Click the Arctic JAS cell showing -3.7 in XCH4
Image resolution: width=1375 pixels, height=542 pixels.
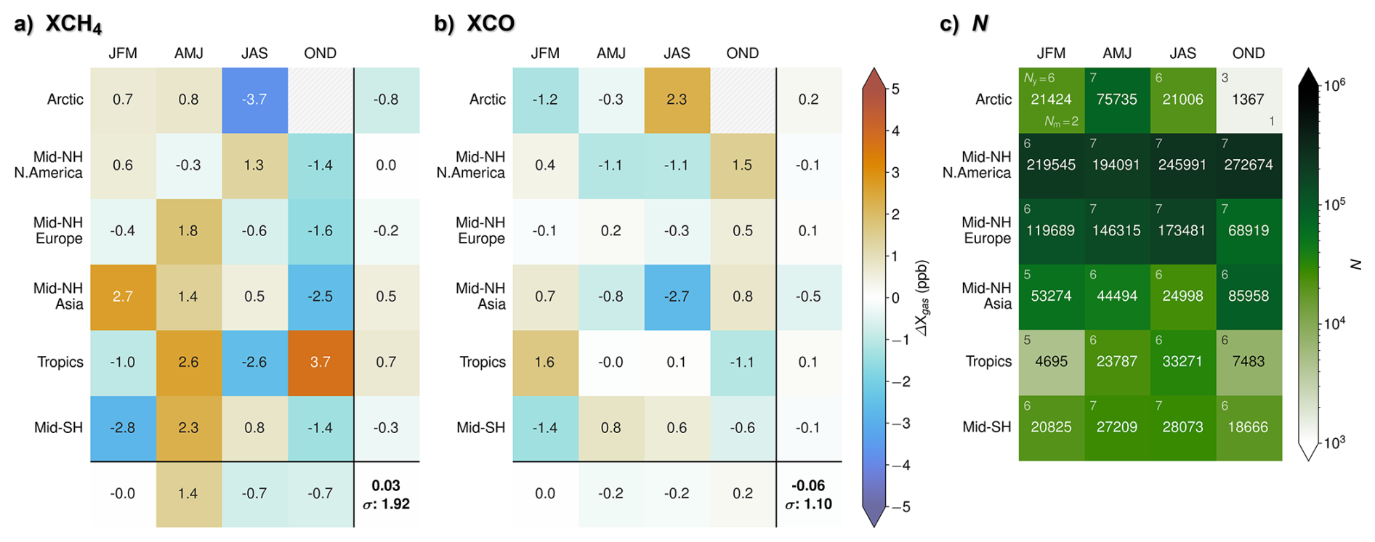pos(254,100)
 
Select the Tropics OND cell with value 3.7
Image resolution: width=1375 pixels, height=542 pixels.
pos(320,362)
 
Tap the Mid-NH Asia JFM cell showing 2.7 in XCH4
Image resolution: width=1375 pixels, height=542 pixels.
pos(123,296)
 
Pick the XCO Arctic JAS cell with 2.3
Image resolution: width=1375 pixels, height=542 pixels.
pos(677,100)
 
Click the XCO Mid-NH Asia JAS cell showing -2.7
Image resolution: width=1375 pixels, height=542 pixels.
pos(677,296)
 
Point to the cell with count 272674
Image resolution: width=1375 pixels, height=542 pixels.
pos(1249,165)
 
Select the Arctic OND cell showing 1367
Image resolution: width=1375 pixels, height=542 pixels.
pos(1249,100)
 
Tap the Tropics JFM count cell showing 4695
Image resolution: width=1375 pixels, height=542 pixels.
pos(1051,362)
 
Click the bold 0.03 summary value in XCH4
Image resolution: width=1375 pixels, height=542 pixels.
pos(386,485)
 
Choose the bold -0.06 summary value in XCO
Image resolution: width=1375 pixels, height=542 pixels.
pos(808,485)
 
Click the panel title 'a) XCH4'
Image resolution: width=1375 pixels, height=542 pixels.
pos(58,24)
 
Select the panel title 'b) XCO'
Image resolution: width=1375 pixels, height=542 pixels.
pos(474,23)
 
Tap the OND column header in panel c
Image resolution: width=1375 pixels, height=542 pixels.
pos(1249,53)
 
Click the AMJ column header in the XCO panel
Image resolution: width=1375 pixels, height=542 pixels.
pos(611,53)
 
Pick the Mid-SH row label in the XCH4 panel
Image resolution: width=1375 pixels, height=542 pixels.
pos(59,427)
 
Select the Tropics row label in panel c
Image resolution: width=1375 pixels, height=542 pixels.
pos(988,361)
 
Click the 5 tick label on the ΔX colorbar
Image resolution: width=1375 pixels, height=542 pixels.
pos(895,89)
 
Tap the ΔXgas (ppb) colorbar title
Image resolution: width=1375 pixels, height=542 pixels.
pos(924,298)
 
